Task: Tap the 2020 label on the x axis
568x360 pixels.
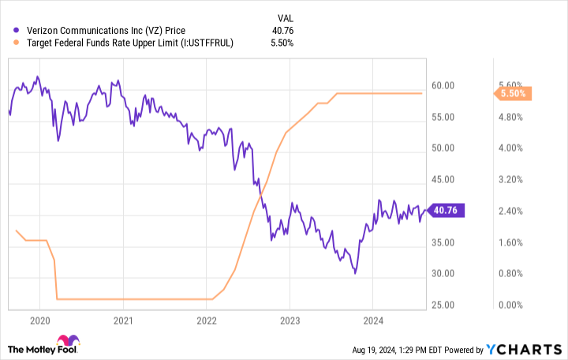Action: (x=39, y=321)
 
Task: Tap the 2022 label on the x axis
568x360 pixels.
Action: (x=206, y=321)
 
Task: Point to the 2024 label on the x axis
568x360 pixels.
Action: (x=373, y=321)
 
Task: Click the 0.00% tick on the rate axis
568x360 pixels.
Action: (x=512, y=305)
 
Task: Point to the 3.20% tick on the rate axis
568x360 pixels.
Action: (x=512, y=179)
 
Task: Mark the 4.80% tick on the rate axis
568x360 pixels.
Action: (x=512, y=117)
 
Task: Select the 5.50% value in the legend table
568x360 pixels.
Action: (x=282, y=43)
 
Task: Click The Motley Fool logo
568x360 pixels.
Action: (x=44, y=347)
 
